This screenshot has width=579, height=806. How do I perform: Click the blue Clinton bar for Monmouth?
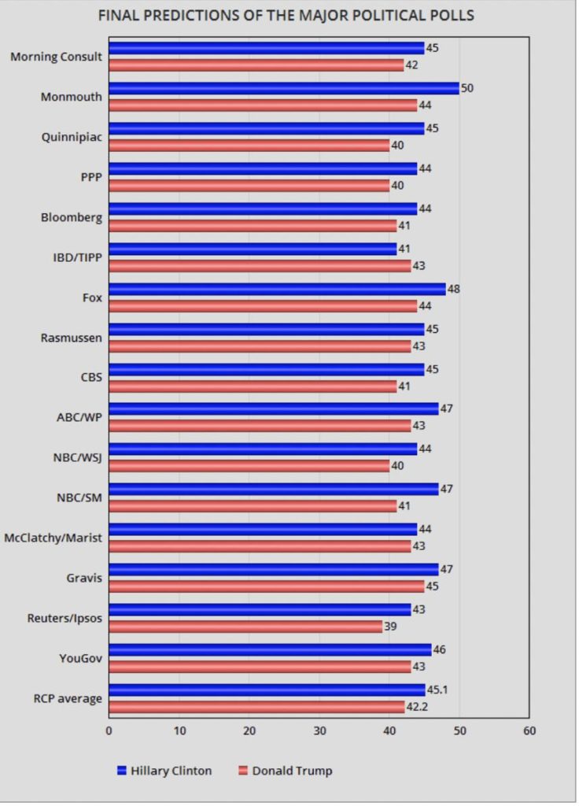click(x=284, y=88)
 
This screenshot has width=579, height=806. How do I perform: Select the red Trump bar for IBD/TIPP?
click(x=260, y=266)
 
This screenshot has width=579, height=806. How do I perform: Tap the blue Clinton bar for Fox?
click(x=278, y=290)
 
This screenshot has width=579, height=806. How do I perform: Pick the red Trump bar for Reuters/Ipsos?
click(x=245, y=627)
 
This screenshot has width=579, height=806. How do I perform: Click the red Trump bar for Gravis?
click(x=267, y=586)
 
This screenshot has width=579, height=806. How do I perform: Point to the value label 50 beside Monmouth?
click(x=467, y=88)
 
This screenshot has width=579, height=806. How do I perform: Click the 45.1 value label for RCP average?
click(x=437, y=690)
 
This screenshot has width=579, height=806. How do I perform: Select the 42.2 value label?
click(x=417, y=707)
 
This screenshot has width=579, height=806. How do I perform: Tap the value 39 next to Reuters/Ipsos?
click(x=390, y=627)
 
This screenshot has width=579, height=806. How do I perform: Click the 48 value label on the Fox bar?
click(x=454, y=290)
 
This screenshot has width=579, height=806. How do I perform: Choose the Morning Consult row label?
click(x=57, y=57)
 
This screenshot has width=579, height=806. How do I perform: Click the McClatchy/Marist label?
click(x=53, y=538)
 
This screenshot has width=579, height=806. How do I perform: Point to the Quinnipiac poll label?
click(x=72, y=137)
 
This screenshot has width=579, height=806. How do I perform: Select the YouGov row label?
click(x=81, y=659)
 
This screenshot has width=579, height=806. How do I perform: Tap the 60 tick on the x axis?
click(x=529, y=731)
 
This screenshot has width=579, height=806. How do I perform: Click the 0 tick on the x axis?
click(x=109, y=731)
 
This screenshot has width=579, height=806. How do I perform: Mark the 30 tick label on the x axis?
click(x=319, y=731)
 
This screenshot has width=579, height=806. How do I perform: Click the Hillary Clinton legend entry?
click(x=164, y=771)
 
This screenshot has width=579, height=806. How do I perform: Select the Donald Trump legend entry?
click(x=286, y=771)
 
